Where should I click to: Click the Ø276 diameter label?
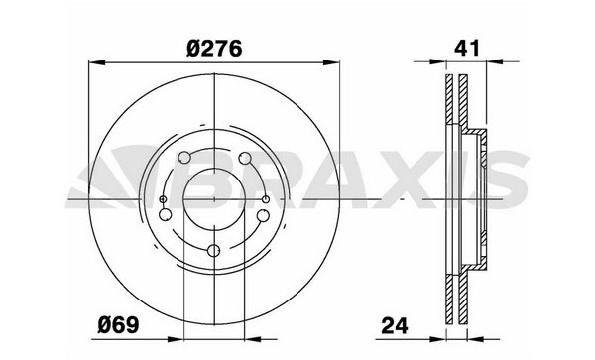click(x=214, y=49)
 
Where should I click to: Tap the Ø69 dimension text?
click(x=118, y=325)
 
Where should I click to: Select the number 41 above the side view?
click(x=467, y=48)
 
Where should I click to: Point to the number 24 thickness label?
click(x=395, y=325)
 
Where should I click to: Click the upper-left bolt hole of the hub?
click(x=184, y=157)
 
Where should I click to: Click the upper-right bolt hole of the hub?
click(x=245, y=158)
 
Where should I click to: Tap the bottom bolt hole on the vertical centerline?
click(x=214, y=250)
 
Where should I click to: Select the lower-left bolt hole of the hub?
click(x=165, y=215)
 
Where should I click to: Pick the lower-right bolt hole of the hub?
click(x=263, y=215)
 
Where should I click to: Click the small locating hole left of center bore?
click(x=163, y=199)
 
